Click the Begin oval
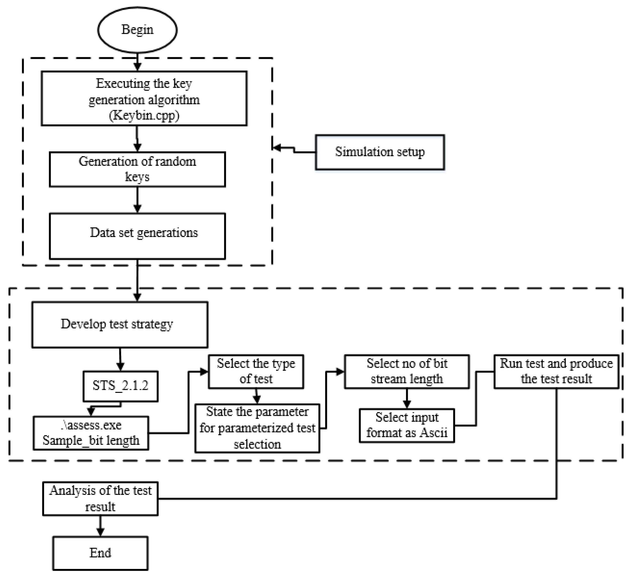pos(137,30)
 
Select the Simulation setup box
pos(380,152)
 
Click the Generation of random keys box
pos(137,169)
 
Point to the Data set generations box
pos(137,236)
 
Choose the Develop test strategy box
pos(120,325)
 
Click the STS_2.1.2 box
pos(120,386)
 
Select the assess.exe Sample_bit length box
pos(91,433)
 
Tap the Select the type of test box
pos(256,372)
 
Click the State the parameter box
pos(257,428)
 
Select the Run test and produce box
pos(556,372)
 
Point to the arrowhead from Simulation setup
pos(277,148)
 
